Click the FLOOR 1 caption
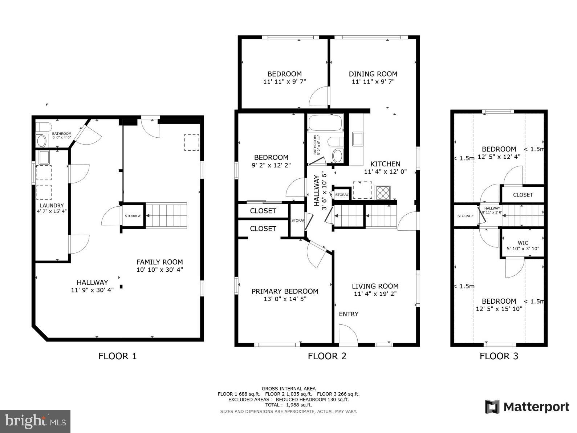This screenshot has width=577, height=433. click(117, 356)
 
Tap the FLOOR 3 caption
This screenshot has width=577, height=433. click(499, 356)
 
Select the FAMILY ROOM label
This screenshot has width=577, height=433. click(159, 262)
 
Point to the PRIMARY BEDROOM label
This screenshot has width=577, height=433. click(285, 291)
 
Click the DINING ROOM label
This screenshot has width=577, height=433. click(373, 74)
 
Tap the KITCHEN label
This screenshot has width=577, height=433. click(385, 164)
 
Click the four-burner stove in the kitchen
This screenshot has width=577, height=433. click(383, 193)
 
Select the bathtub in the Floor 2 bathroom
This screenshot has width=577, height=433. click(325, 123)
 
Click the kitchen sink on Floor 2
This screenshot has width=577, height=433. click(357, 139)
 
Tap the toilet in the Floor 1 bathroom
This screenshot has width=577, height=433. click(44, 127)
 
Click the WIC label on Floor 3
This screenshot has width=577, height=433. click(523, 243)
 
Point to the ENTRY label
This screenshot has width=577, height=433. click(349, 314)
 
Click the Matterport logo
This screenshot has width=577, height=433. click(527, 407)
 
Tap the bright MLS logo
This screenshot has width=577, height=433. click(35, 421)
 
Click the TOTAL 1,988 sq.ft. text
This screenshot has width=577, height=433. click(288, 405)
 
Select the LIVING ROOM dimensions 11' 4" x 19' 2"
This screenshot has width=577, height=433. click(375, 294)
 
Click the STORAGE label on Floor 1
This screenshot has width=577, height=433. click(133, 216)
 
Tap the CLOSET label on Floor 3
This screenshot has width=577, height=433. click(523, 195)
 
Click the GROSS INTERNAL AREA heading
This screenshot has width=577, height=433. click(288, 388)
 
